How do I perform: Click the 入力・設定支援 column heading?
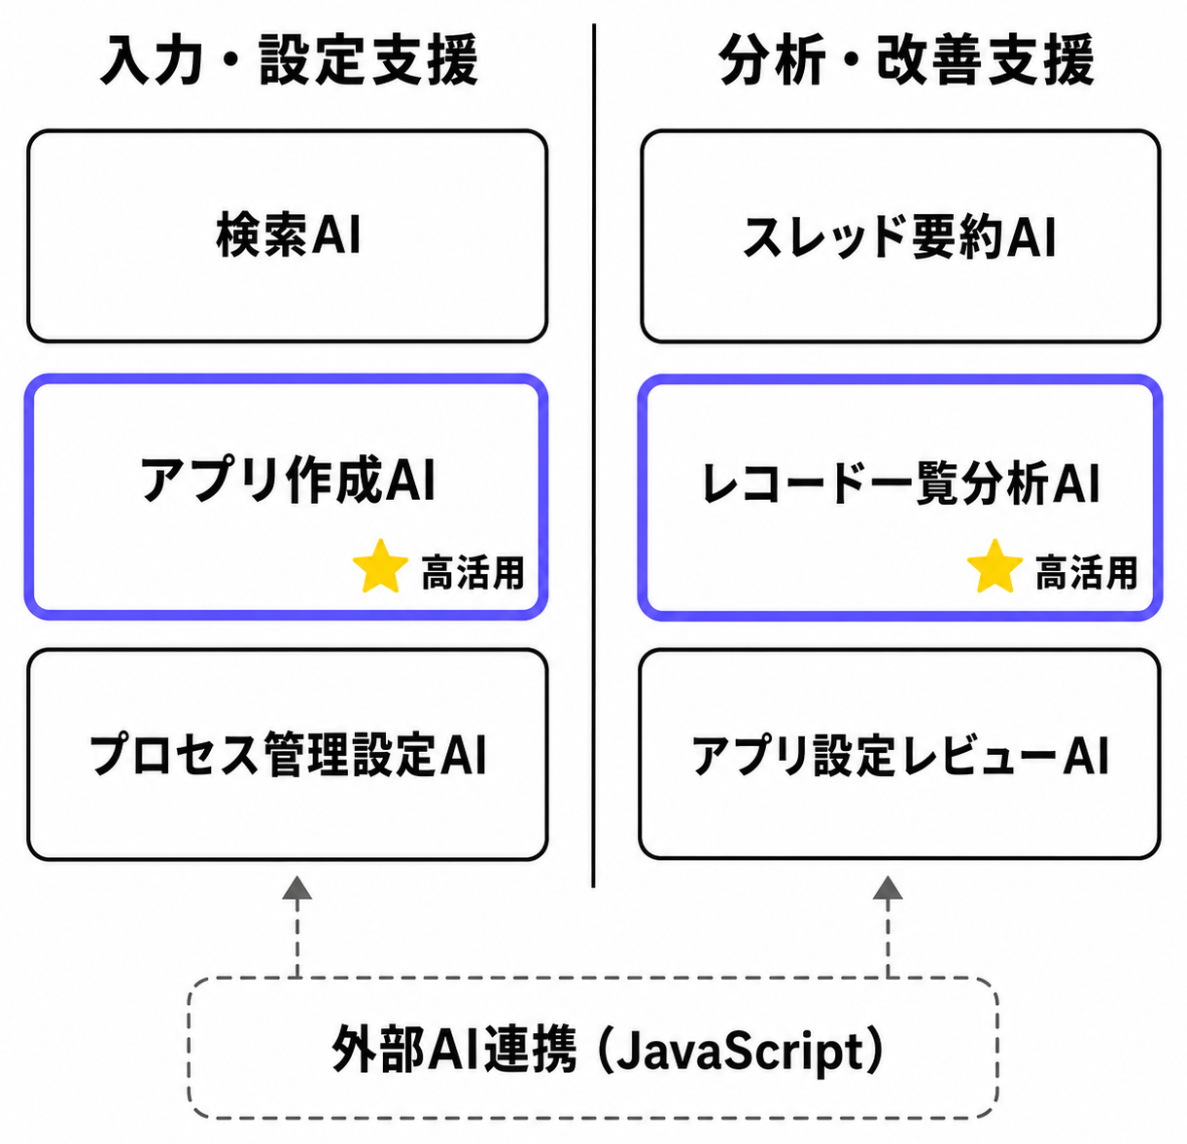coord(289,59)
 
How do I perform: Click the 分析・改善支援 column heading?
coord(906,59)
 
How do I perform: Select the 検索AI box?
coord(288,235)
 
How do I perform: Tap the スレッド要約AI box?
coord(900,235)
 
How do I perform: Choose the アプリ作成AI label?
coord(288,480)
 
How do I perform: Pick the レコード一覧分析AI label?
coord(900,483)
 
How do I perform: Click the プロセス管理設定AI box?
coord(288,755)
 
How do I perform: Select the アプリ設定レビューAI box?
coord(899,754)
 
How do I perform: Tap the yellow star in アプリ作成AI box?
coord(381,567)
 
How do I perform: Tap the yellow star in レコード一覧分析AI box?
coord(995,567)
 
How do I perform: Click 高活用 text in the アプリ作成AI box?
coord(472,572)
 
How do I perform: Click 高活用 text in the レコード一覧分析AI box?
coord(1086,572)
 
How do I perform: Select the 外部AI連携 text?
coord(454,1050)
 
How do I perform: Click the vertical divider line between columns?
coord(593,455)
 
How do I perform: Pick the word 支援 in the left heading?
coord(424,59)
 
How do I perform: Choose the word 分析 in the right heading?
coord(772,59)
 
